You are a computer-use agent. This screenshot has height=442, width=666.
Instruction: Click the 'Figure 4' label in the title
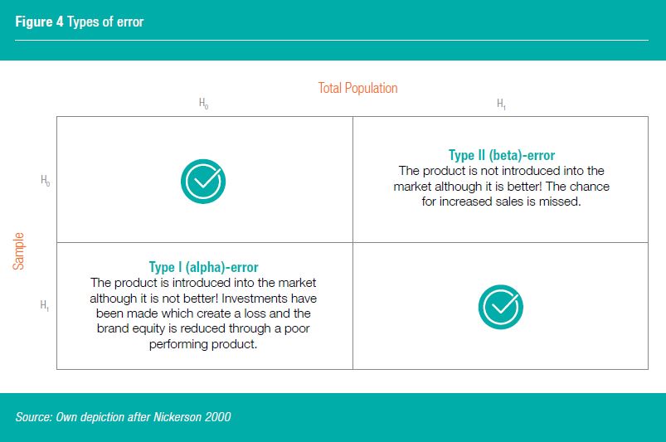coord(39,22)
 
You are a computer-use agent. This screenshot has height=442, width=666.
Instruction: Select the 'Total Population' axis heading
coord(357,88)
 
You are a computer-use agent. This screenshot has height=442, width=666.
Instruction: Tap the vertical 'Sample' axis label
coord(19,250)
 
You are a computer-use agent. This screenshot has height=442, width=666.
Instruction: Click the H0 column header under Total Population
coord(204,104)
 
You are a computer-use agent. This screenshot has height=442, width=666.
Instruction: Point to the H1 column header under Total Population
coord(501,104)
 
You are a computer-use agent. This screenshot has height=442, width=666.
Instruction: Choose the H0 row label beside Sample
coord(45,180)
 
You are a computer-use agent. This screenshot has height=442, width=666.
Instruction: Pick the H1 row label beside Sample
coord(45,305)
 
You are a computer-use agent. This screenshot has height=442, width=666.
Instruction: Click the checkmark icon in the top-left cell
coord(204,180)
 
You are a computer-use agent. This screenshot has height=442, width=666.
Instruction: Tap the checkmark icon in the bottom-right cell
coord(500,306)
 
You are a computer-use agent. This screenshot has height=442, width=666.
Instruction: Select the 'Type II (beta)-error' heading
coord(501,155)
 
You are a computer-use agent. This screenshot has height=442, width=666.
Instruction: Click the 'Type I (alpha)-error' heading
coord(203,267)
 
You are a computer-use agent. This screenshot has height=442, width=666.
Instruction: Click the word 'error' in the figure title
coord(129,22)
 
